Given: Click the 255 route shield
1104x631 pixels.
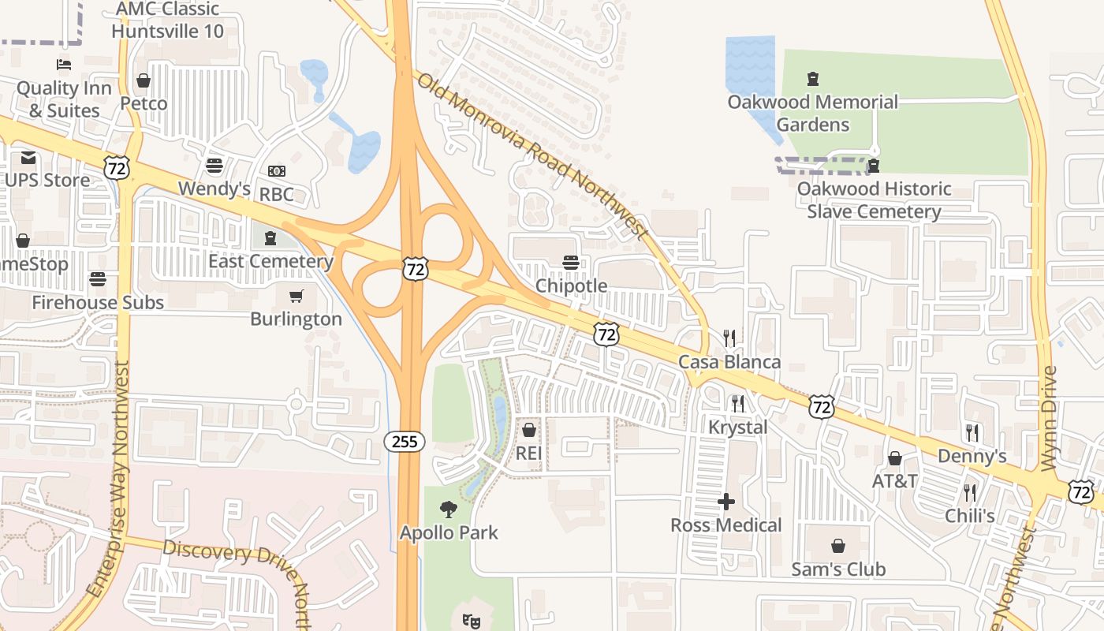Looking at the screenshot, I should pyautogui.click(x=405, y=442).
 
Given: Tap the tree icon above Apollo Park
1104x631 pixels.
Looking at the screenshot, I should pyautogui.click(x=449, y=510).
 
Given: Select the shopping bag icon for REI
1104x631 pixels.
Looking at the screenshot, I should pyautogui.click(x=528, y=430).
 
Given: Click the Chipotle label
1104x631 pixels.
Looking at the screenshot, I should pyautogui.click(x=572, y=286).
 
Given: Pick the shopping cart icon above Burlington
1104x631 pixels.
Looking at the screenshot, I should pyautogui.click(x=297, y=297).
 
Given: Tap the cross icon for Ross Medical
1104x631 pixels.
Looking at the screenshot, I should pyautogui.click(x=726, y=502).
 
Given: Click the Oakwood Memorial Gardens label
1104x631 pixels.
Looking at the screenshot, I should pyautogui.click(x=812, y=113).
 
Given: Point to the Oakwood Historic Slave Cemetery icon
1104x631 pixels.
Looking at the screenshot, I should pyautogui.click(x=874, y=166).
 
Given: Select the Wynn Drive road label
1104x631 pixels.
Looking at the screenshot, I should pyautogui.click(x=1048, y=418).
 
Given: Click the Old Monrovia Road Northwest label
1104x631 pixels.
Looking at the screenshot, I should pyautogui.click(x=532, y=156).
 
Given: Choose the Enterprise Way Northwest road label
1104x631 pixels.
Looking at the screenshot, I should pyautogui.click(x=109, y=479).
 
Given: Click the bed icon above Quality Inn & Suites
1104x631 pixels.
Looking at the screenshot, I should pyautogui.click(x=63, y=65).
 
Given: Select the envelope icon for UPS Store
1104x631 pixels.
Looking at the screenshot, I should pyautogui.click(x=28, y=158).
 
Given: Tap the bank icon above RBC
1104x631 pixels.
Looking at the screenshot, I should pyautogui.click(x=276, y=170).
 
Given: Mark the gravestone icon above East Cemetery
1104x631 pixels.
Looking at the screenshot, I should pyautogui.click(x=270, y=237).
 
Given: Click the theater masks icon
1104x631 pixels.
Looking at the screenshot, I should pyautogui.click(x=472, y=622).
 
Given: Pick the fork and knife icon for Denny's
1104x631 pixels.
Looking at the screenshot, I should pyautogui.click(x=972, y=433).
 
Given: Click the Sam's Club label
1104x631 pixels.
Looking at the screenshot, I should pyautogui.click(x=838, y=569).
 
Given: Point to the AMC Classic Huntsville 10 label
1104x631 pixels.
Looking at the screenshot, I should pyautogui.click(x=167, y=21).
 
